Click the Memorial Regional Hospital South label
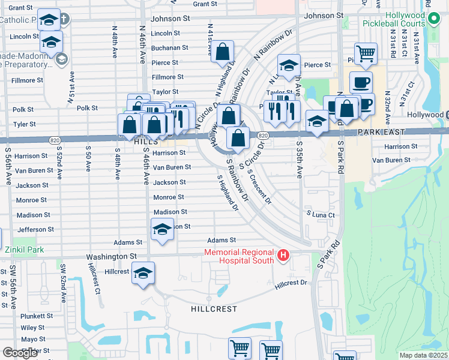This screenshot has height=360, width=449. [240, 257]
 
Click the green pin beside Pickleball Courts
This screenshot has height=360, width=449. [436, 25]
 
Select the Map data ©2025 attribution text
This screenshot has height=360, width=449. [423, 355]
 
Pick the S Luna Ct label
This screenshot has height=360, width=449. [320, 214]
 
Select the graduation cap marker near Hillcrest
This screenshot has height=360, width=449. [143, 274]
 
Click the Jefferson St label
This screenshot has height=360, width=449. [36, 229]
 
